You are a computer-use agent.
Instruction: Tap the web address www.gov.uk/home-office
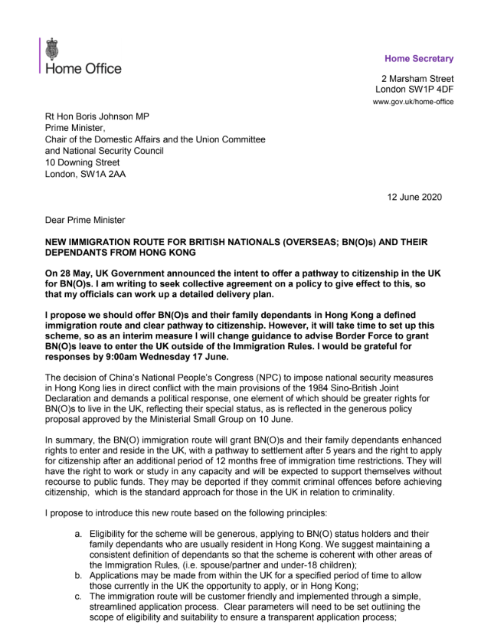click(414, 102)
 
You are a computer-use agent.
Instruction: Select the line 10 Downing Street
click(82, 162)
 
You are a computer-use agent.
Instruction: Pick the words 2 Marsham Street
click(417, 78)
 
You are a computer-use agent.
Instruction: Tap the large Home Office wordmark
click(84, 69)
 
